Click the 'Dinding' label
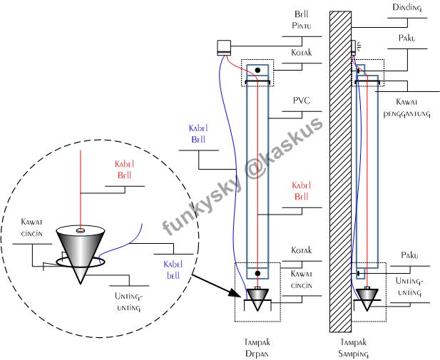point(407,8)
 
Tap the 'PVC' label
point(302,101)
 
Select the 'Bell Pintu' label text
point(302,20)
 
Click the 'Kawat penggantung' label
point(407,108)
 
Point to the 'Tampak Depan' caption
point(257,348)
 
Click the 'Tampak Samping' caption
point(353,348)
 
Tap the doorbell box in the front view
point(224,48)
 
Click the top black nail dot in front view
point(257,70)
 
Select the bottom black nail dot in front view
point(257,273)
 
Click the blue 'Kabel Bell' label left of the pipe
point(198,134)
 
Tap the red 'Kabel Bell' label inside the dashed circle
point(124,170)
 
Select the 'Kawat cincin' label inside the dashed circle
point(31,227)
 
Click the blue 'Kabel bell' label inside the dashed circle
point(173,269)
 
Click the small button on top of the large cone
point(81,231)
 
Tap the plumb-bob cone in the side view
point(367,299)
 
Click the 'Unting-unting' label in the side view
point(410,287)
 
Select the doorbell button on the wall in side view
point(354,48)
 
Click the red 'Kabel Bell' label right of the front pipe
point(302,191)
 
